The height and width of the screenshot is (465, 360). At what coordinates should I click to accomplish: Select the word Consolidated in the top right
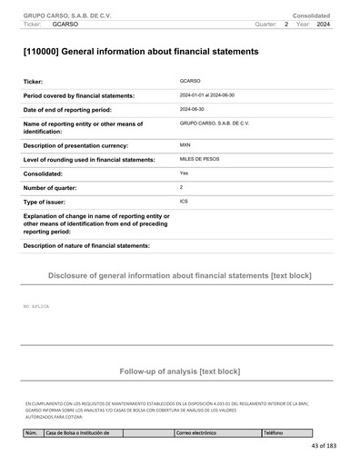(x=311, y=15)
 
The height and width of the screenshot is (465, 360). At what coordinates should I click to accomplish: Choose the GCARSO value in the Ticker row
(x=190, y=81)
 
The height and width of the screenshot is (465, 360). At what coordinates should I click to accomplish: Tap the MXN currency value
(x=185, y=144)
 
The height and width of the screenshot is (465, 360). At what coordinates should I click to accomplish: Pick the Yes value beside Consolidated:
(x=184, y=172)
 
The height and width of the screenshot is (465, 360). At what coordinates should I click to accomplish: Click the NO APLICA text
(x=36, y=307)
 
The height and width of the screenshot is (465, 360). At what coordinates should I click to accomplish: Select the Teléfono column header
(x=274, y=433)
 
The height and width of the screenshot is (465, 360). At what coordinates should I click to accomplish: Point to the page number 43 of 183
(x=323, y=446)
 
